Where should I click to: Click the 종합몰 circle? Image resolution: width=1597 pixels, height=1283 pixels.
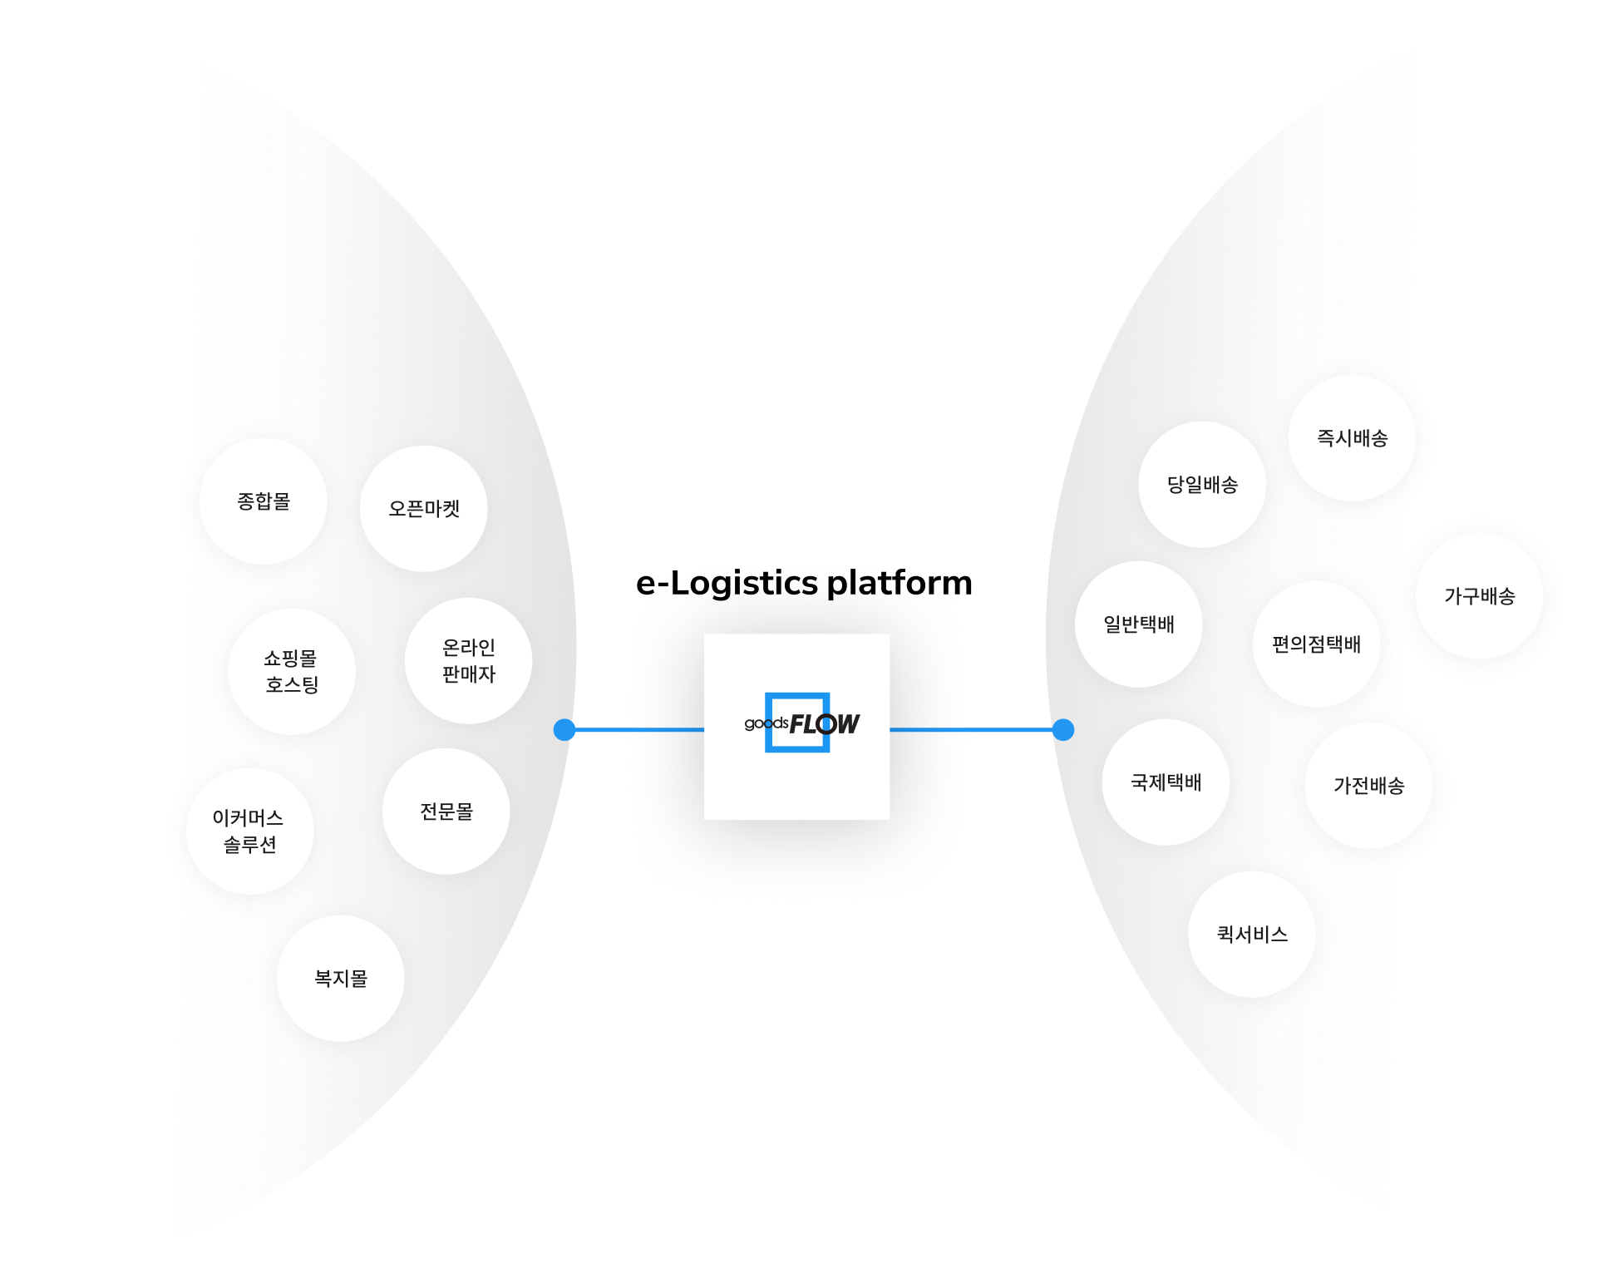coord(264,501)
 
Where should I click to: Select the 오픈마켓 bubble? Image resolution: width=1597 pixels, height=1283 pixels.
coord(424,508)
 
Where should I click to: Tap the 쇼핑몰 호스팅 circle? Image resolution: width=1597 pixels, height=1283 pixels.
coord(292,671)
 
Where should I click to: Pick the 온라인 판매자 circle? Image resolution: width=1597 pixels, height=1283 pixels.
coord(469,661)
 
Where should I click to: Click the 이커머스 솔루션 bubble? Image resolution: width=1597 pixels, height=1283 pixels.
coord(249,831)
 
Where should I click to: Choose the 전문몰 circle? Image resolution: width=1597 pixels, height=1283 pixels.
coord(446,811)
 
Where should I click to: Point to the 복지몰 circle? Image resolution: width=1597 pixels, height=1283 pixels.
coord(341,978)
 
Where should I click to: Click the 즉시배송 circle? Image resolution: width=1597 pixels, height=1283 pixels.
coord(1352,438)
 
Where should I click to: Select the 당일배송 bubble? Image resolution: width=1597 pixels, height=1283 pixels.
coord(1202,485)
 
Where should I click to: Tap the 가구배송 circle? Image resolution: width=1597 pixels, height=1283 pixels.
coord(1480,596)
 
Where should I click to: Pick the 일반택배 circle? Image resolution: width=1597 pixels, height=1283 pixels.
coord(1139,624)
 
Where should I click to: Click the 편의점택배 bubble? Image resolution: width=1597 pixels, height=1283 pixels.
coord(1317,644)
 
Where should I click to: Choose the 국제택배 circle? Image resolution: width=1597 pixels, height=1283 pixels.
coord(1166,782)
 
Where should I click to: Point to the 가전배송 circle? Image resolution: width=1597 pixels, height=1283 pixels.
coord(1368,786)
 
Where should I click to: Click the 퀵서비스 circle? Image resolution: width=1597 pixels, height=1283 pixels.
coord(1252,935)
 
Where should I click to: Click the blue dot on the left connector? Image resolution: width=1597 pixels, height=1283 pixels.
coord(564,729)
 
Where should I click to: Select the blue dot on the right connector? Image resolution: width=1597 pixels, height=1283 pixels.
coord(1063,729)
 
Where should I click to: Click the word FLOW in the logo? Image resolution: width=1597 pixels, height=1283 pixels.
coord(824,724)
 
